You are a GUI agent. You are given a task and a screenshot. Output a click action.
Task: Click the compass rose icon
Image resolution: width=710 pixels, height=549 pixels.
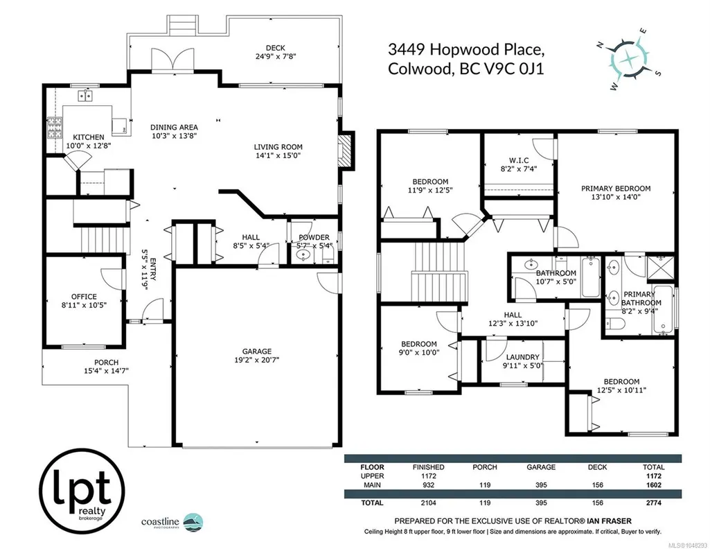(628, 59)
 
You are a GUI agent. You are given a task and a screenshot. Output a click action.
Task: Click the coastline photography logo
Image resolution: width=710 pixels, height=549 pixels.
(172, 522)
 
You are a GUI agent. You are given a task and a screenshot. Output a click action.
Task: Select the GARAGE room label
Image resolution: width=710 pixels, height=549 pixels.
(257, 351)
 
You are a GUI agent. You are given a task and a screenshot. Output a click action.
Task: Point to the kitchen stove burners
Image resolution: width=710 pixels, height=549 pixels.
(55, 128)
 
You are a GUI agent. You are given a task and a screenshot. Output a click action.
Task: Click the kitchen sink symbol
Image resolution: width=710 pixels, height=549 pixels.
(85, 96)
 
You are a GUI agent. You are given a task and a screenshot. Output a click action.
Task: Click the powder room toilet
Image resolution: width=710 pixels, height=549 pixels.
(328, 258)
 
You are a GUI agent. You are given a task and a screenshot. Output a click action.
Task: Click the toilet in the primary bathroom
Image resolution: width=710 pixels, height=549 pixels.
(616, 324)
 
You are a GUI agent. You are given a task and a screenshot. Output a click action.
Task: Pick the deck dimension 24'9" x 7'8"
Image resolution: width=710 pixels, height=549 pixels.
(275, 57)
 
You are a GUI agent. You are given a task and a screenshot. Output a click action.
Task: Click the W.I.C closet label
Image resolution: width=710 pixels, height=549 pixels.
(518, 160)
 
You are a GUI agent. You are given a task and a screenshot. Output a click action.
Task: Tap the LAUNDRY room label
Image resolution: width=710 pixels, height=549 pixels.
(522, 357)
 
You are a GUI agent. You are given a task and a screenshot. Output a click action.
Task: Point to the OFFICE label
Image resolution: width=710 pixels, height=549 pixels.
(84, 297)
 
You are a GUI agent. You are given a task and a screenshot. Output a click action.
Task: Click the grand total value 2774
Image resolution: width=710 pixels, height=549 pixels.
(653, 503)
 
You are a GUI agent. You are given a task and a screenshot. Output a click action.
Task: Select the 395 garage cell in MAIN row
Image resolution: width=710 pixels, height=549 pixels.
(541, 485)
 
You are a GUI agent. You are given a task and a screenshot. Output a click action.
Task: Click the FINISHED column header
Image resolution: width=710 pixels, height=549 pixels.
(428, 467)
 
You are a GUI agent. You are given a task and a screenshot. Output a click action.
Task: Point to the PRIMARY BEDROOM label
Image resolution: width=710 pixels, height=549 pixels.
(616, 189)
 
